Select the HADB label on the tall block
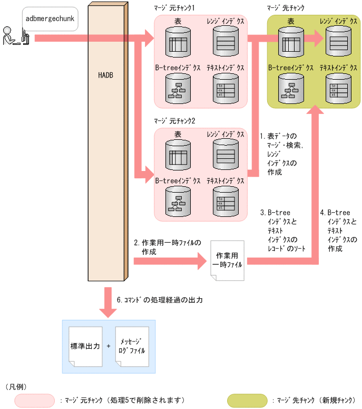tap(105, 75)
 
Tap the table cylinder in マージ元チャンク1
tap(177, 40)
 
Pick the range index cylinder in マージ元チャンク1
tap(226, 40)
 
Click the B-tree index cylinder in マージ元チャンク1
tap(177, 88)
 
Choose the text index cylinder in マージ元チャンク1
tap(226, 88)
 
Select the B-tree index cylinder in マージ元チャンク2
tap(177, 201)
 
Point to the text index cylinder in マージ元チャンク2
tap(226, 201)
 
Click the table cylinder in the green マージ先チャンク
tap(291, 40)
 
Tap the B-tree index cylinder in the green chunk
tap(291, 88)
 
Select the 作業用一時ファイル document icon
tap(228, 260)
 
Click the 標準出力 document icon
tap(85, 347)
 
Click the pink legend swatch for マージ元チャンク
tap(35, 401)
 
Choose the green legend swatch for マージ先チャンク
tap(247, 401)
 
